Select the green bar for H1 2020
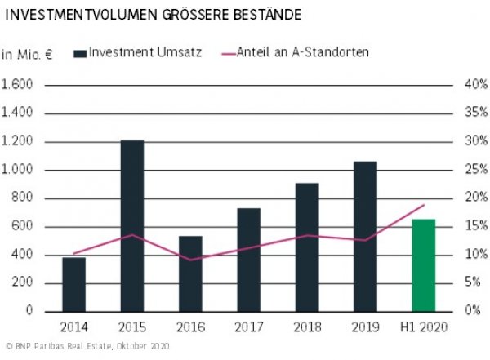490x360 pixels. [x=423, y=265]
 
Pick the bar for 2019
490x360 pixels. [x=365, y=237]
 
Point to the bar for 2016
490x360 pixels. [x=190, y=273]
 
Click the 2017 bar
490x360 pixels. [x=248, y=260]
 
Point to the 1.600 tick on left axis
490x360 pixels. [x=17, y=85]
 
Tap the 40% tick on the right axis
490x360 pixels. [x=474, y=85]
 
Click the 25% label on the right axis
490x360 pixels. [x=474, y=170]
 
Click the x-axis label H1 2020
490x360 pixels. [x=423, y=327]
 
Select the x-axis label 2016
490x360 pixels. [x=190, y=327]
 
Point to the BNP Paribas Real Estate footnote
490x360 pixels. [x=86, y=348]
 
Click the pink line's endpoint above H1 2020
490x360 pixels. [x=424, y=205]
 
